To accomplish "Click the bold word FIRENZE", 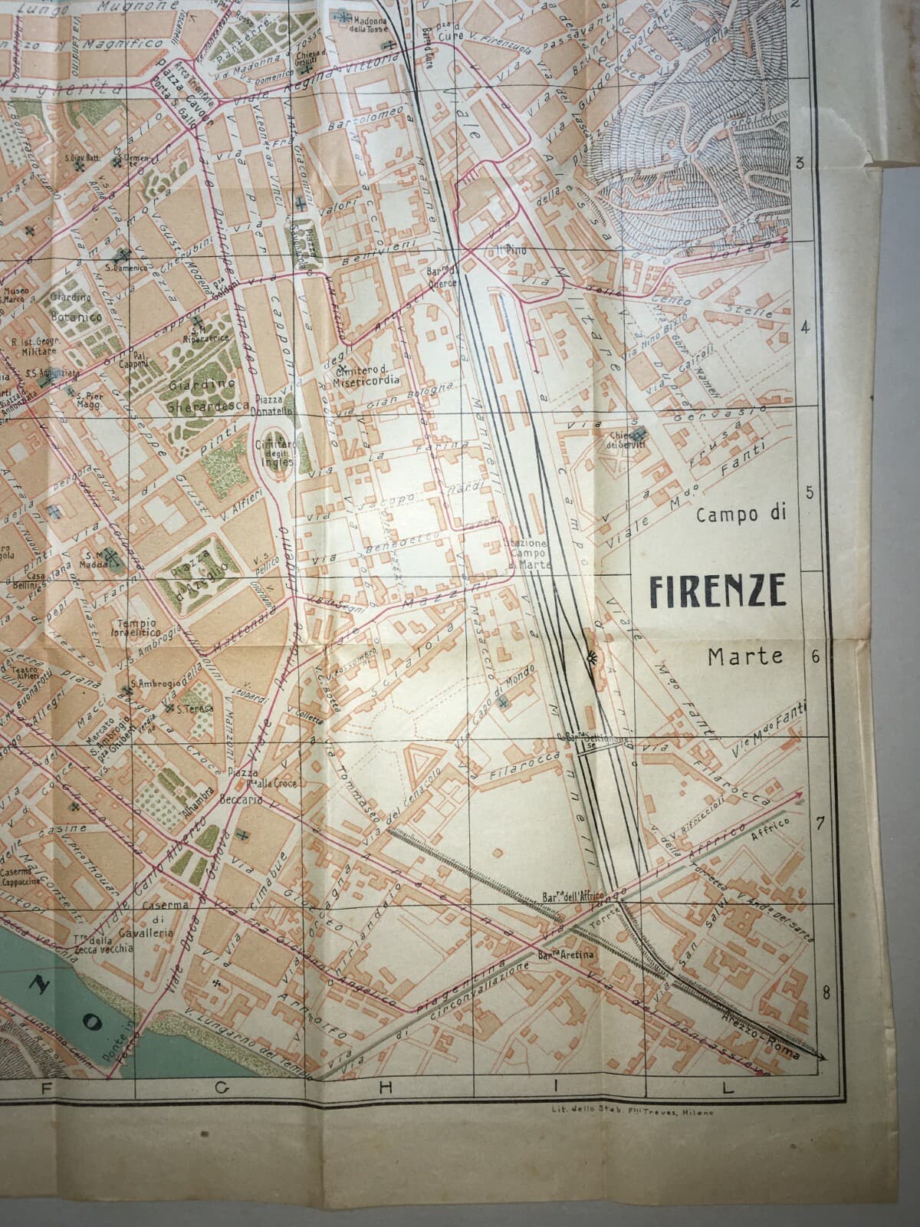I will pyautogui.click(x=718, y=590).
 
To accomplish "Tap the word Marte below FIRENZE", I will pyautogui.click(x=746, y=656).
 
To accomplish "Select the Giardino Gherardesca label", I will pyautogui.click(x=202, y=400).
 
